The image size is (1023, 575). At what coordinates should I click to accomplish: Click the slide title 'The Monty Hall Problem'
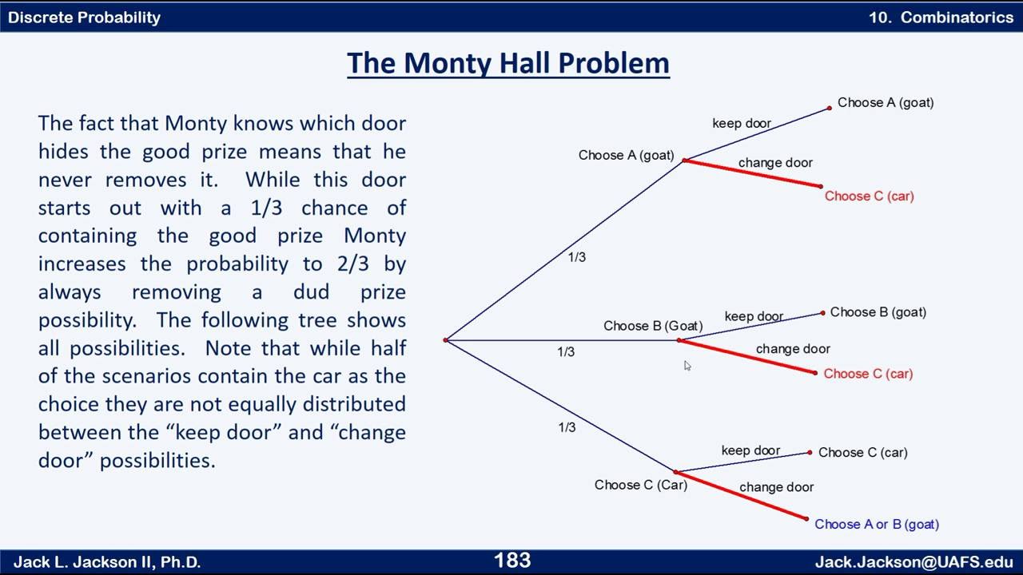(x=508, y=63)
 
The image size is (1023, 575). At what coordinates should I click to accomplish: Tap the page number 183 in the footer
(x=512, y=561)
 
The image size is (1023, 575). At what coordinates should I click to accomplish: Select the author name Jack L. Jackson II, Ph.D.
(x=107, y=561)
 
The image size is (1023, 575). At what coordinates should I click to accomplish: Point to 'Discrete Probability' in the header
(x=84, y=17)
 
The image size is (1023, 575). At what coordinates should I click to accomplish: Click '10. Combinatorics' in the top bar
(x=941, y=17)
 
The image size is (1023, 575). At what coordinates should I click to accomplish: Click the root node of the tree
(x=446, y=340)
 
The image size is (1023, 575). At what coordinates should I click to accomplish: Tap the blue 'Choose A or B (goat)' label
(x=877, y=524)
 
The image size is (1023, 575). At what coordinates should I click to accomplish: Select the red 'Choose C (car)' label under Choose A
(x=869, y=196)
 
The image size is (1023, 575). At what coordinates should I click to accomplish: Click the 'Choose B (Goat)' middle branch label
(x=653, y=326)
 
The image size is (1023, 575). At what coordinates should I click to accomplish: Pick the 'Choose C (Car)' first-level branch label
(x=640, y=485)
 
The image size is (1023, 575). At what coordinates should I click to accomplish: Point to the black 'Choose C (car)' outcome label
(x=862, y=452)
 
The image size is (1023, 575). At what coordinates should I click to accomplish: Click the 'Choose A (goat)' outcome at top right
(x=886, y=102)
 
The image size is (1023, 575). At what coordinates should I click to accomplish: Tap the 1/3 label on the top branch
(x=576, y=257)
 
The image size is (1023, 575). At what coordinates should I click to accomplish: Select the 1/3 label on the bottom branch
(x=567, y=427)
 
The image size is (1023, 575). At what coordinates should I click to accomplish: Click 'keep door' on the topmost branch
(x=742, y=123)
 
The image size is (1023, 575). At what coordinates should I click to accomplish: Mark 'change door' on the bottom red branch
(x=776, y=487)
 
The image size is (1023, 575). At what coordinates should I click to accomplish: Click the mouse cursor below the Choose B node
(x=687, y=366)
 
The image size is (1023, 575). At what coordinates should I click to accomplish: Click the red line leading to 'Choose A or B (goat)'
(x=743, y=496)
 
